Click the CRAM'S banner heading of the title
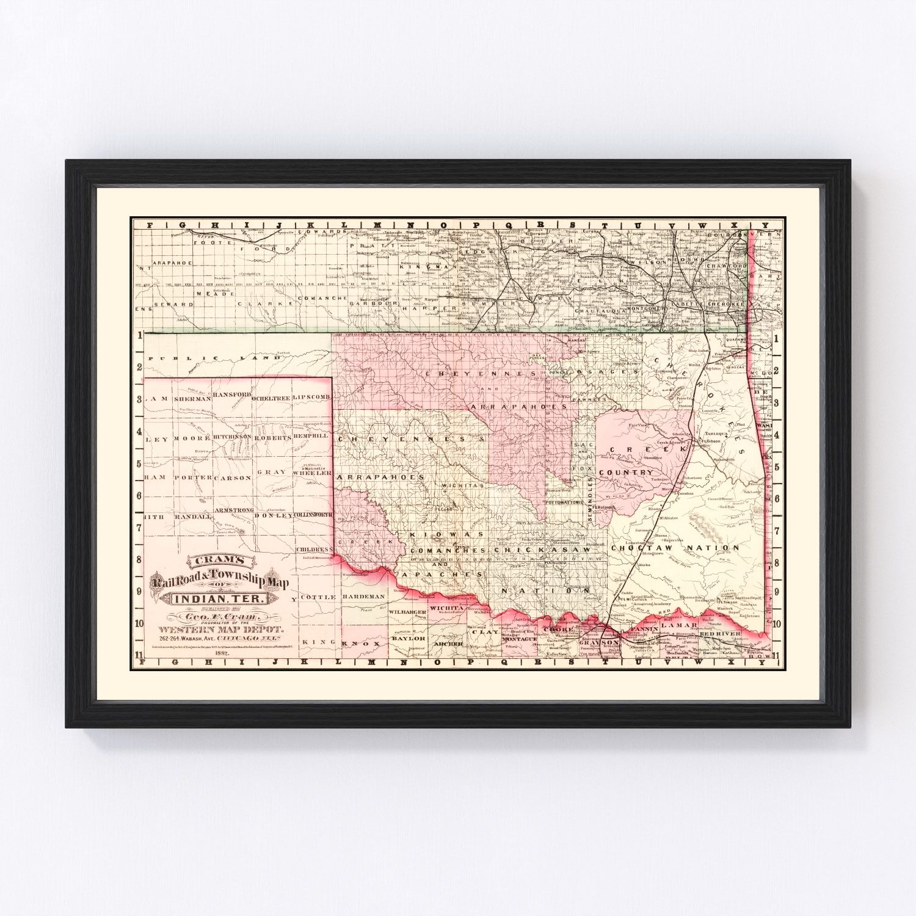(x=219, y=559)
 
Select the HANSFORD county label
(x=233, y=396)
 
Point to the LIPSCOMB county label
(x=311, y=397)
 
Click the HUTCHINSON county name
(x=233, y=438)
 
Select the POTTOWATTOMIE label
(x=565, y=501)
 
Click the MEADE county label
(x=207, y=294)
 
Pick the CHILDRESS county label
(x=313, y=550)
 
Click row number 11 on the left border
(x=140, y=656)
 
